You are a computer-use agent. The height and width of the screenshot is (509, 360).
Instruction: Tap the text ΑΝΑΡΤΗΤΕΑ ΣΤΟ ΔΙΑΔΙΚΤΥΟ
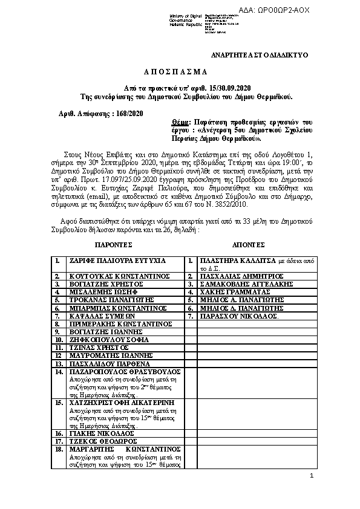(259, 55)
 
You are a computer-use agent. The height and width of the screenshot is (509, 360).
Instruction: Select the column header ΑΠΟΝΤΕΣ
(249, 247)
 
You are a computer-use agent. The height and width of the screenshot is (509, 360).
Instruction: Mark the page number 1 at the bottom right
(311, 476)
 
